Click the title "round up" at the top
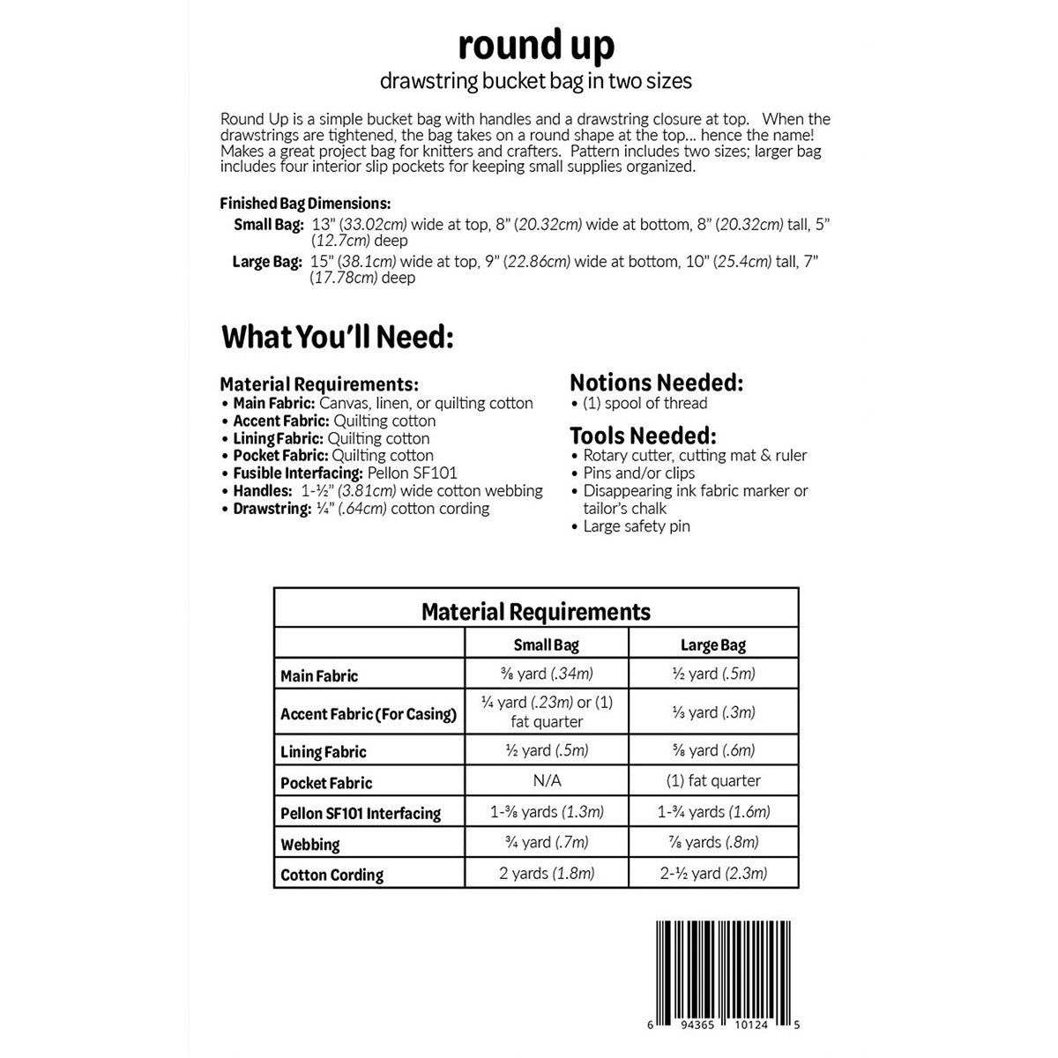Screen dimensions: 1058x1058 536,45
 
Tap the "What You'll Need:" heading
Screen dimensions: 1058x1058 338,337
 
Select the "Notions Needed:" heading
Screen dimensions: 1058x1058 657,383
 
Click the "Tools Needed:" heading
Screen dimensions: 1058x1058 643,436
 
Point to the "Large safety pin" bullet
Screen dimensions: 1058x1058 636,526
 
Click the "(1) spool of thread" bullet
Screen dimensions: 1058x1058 644,403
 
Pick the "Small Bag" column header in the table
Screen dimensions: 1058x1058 547,644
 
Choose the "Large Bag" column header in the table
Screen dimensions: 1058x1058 713,644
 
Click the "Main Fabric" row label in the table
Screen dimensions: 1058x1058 319,676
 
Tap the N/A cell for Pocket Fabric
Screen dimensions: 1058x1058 547,780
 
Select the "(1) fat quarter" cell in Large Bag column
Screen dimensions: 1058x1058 713,780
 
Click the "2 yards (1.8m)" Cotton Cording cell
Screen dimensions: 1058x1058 547,873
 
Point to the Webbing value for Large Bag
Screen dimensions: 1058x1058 713,842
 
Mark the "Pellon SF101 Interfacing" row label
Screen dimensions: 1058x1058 361,813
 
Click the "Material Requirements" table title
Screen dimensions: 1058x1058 536,611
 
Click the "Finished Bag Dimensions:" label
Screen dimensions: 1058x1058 305,203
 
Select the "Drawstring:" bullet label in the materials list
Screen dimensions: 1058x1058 272,509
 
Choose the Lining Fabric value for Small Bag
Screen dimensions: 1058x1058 547,750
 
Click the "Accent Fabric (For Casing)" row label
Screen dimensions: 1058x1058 369,714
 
